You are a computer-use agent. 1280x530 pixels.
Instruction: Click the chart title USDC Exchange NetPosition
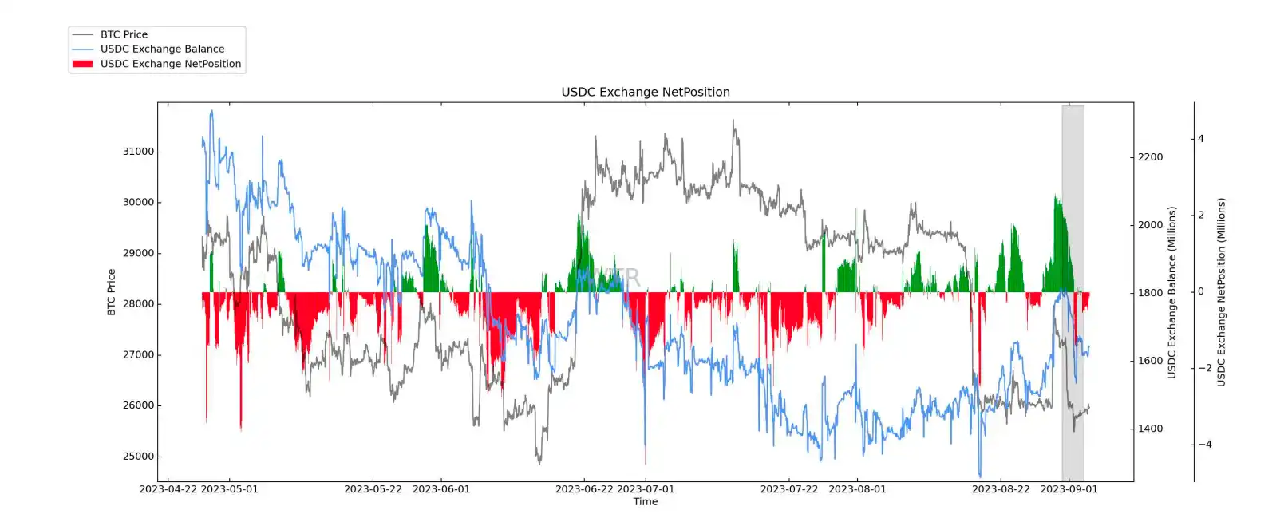tap(645, 92)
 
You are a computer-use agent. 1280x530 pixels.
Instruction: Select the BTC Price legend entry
tap(124, 34)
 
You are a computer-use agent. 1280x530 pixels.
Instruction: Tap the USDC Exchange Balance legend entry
tap(162, 49)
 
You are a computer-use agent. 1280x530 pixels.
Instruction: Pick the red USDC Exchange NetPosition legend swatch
tap(82, 64)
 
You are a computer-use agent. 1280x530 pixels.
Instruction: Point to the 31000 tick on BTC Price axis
tap(138, 152)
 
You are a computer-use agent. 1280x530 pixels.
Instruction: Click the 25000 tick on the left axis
tap(138, 457)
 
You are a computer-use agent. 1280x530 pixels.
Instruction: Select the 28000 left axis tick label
tap(138, 304)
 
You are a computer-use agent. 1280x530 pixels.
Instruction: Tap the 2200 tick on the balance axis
tap(1150, 157)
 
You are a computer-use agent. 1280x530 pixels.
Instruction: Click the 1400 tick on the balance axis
tap(1150, 429)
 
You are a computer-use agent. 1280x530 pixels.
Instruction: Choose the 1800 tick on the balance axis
tap(1150, 293)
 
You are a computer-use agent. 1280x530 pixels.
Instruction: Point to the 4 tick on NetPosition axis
tap(1201, 139)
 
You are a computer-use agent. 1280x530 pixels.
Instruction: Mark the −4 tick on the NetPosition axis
tap(1204, 445)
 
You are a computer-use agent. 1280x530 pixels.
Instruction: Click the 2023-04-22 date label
tap(168, 489)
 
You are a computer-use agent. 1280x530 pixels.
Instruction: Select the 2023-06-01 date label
tap(441, 489)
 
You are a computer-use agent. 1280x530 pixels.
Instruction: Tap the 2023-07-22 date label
tap(788, 489)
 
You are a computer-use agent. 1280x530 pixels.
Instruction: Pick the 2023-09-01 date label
tap(1069, 489)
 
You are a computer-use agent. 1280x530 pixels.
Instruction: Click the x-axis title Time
tap(645, 502)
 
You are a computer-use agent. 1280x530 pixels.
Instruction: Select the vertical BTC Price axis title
tap(112, 292)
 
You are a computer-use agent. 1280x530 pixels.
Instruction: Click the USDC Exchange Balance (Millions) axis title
tap(1171, 292)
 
